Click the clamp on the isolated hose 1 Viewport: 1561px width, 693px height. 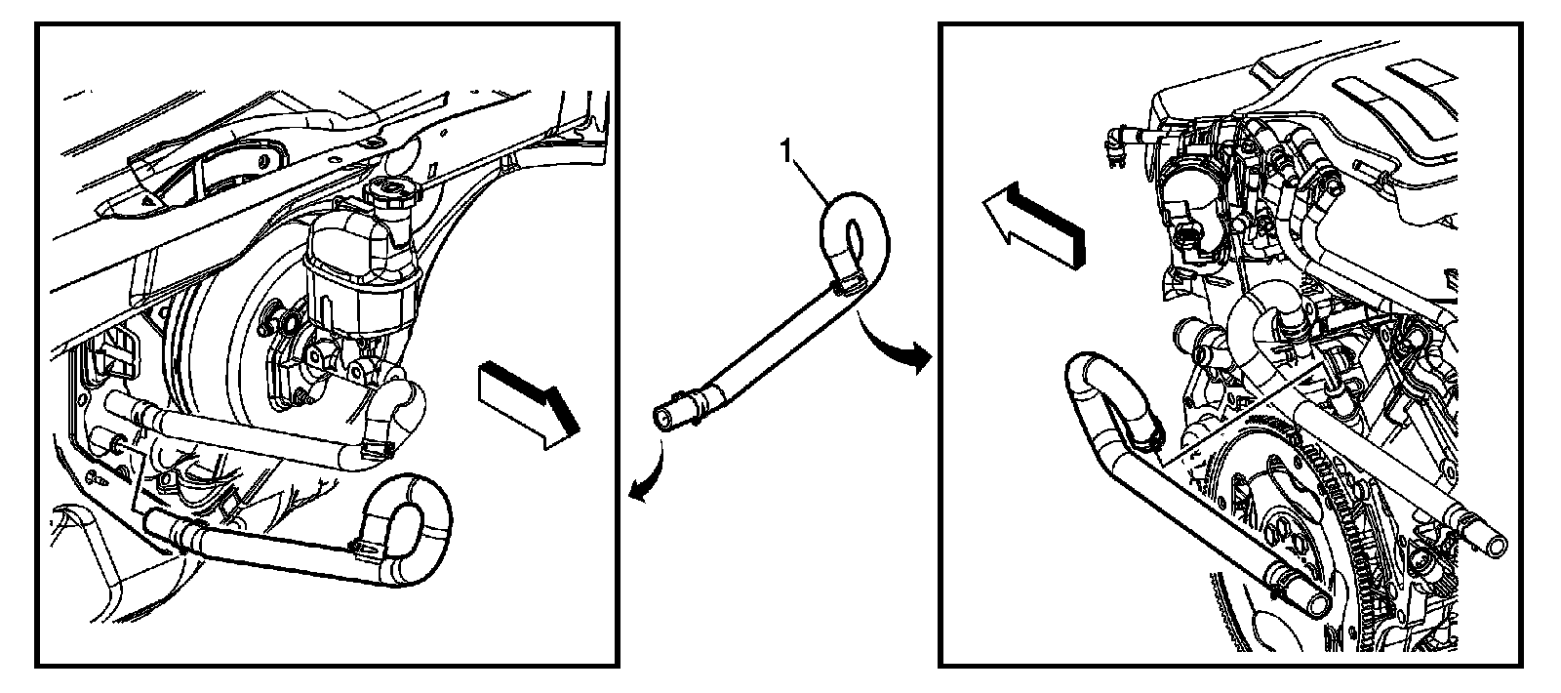[846, 286]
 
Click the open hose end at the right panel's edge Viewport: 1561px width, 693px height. [1493, 540]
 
